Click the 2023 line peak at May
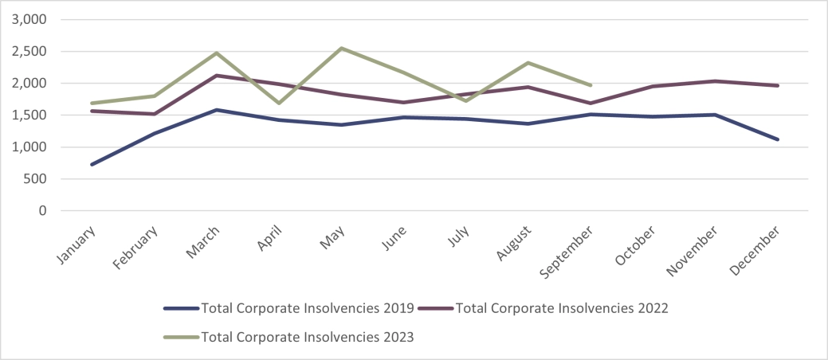342,48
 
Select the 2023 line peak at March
217,53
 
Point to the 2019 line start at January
92,165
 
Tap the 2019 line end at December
778,139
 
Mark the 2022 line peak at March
217,76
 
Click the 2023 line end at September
591,85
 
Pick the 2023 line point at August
528,63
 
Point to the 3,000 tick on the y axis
29,19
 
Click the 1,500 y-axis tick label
29,115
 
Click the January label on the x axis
78,243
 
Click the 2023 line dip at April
280,103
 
